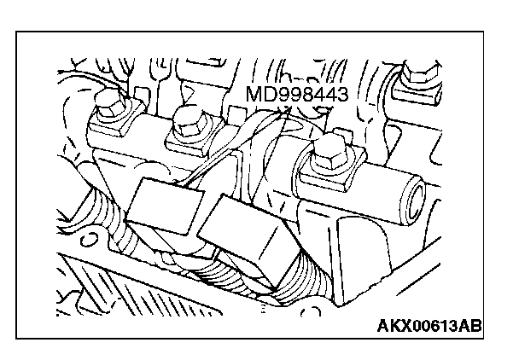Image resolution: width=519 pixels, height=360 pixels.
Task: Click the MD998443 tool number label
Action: (296, 95)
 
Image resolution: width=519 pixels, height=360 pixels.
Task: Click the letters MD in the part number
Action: (256, 95)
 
